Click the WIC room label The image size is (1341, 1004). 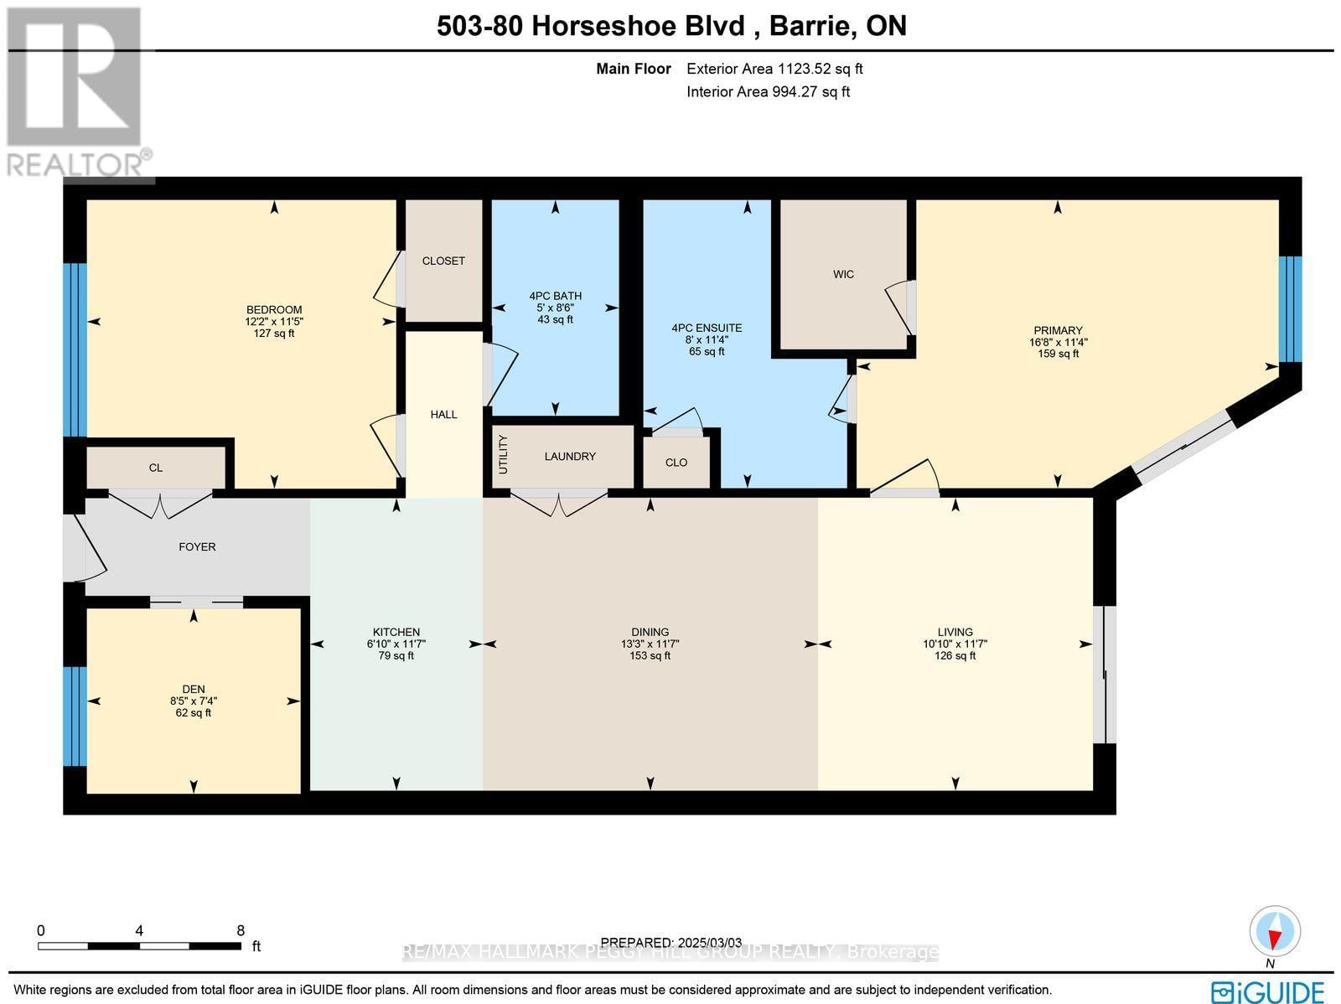coord(843,274)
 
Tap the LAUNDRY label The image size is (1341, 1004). coord(570,456)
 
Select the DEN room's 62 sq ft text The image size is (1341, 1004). coord(194,713)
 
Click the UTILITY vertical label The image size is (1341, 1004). coord(503,455)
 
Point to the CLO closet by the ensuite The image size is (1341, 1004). coord(676,463)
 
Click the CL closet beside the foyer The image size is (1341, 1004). coord(156,468)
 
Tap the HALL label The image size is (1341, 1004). coord(443,414)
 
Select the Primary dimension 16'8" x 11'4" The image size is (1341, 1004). coord(1058,342)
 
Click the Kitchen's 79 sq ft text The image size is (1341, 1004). coord(396,656)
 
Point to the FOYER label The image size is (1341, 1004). coord(198,546)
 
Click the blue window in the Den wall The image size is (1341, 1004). coord(75,717)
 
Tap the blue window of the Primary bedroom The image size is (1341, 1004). coord(1290,308)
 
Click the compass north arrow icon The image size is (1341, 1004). coord(1275,933)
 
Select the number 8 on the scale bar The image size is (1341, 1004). coord(241,930)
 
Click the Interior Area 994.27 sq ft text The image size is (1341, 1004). coord(768,92)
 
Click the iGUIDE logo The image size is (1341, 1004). coord(1268,991)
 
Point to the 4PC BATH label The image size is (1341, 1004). coord(555,296)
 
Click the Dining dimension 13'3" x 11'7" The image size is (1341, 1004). coord(650,644)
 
